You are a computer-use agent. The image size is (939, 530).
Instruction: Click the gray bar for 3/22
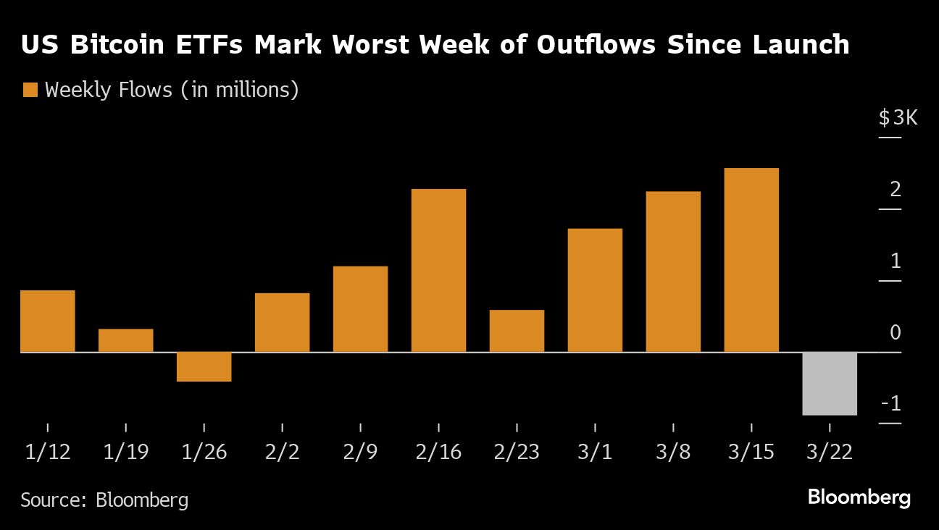coord(830,384)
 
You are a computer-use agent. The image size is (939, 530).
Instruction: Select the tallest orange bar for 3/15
coord(751,260)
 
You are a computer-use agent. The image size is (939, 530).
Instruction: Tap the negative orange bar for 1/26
coord(204,366)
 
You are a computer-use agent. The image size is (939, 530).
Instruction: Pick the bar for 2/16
coord(438,270)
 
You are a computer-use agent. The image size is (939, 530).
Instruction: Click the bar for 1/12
coord(47,321)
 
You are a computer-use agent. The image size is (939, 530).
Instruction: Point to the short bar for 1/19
coord(125,340)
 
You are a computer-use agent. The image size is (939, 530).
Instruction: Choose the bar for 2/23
coord(517,331)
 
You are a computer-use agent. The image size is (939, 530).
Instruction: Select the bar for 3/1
coord(595,290)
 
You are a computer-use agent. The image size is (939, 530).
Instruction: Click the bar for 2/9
coord(360,309)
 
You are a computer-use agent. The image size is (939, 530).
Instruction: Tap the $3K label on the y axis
coord(898,117)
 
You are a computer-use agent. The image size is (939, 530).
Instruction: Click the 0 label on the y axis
coord(895,332)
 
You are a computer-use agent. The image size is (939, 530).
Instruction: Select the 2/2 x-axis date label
coord(282,453)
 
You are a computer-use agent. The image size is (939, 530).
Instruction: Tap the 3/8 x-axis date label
coord(673,453)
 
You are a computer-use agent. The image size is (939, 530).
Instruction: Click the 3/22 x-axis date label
coord(830,453)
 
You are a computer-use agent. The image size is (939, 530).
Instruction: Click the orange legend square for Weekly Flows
coord(30,91)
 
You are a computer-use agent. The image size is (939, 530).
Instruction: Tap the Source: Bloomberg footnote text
coord(104,500)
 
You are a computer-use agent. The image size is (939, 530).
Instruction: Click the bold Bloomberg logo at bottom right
coord(859,498)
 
